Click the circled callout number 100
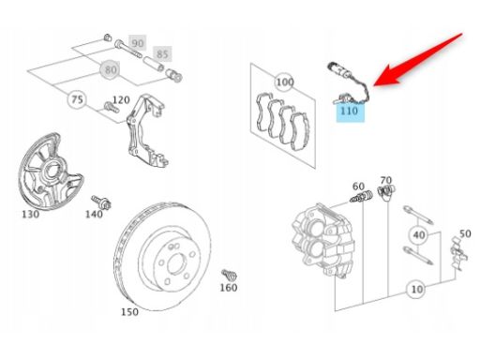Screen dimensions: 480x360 pos(284,82)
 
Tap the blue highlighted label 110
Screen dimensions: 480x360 pos(350,111)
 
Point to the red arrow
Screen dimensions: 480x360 pos(418,60)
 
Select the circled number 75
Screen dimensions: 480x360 pos(77,99)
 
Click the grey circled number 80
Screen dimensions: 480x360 pos(111,69)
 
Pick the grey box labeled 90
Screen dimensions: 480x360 pos(137,43)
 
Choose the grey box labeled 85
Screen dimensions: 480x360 pos(162,54)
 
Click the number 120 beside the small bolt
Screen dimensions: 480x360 pos(121,100)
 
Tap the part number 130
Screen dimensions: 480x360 pos(31,215)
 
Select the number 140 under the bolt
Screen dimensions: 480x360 pos(94,215)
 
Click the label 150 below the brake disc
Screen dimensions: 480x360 pos(129,312)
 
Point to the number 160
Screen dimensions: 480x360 pos(229,288)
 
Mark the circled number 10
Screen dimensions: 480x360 pos(417,289)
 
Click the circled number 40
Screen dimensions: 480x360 pos(419,234)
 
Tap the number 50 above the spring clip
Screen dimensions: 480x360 pos(465,233)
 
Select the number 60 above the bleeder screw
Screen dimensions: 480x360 pos(358,187)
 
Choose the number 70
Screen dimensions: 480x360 pos(386,180)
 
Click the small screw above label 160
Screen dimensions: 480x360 pos(230,276)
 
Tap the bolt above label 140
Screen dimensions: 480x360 pos(101,202)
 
